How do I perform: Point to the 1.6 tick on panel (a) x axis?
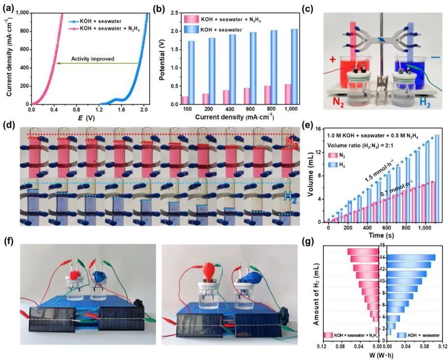121,111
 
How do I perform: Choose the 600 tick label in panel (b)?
251,111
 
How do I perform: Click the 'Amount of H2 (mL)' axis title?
317,294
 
